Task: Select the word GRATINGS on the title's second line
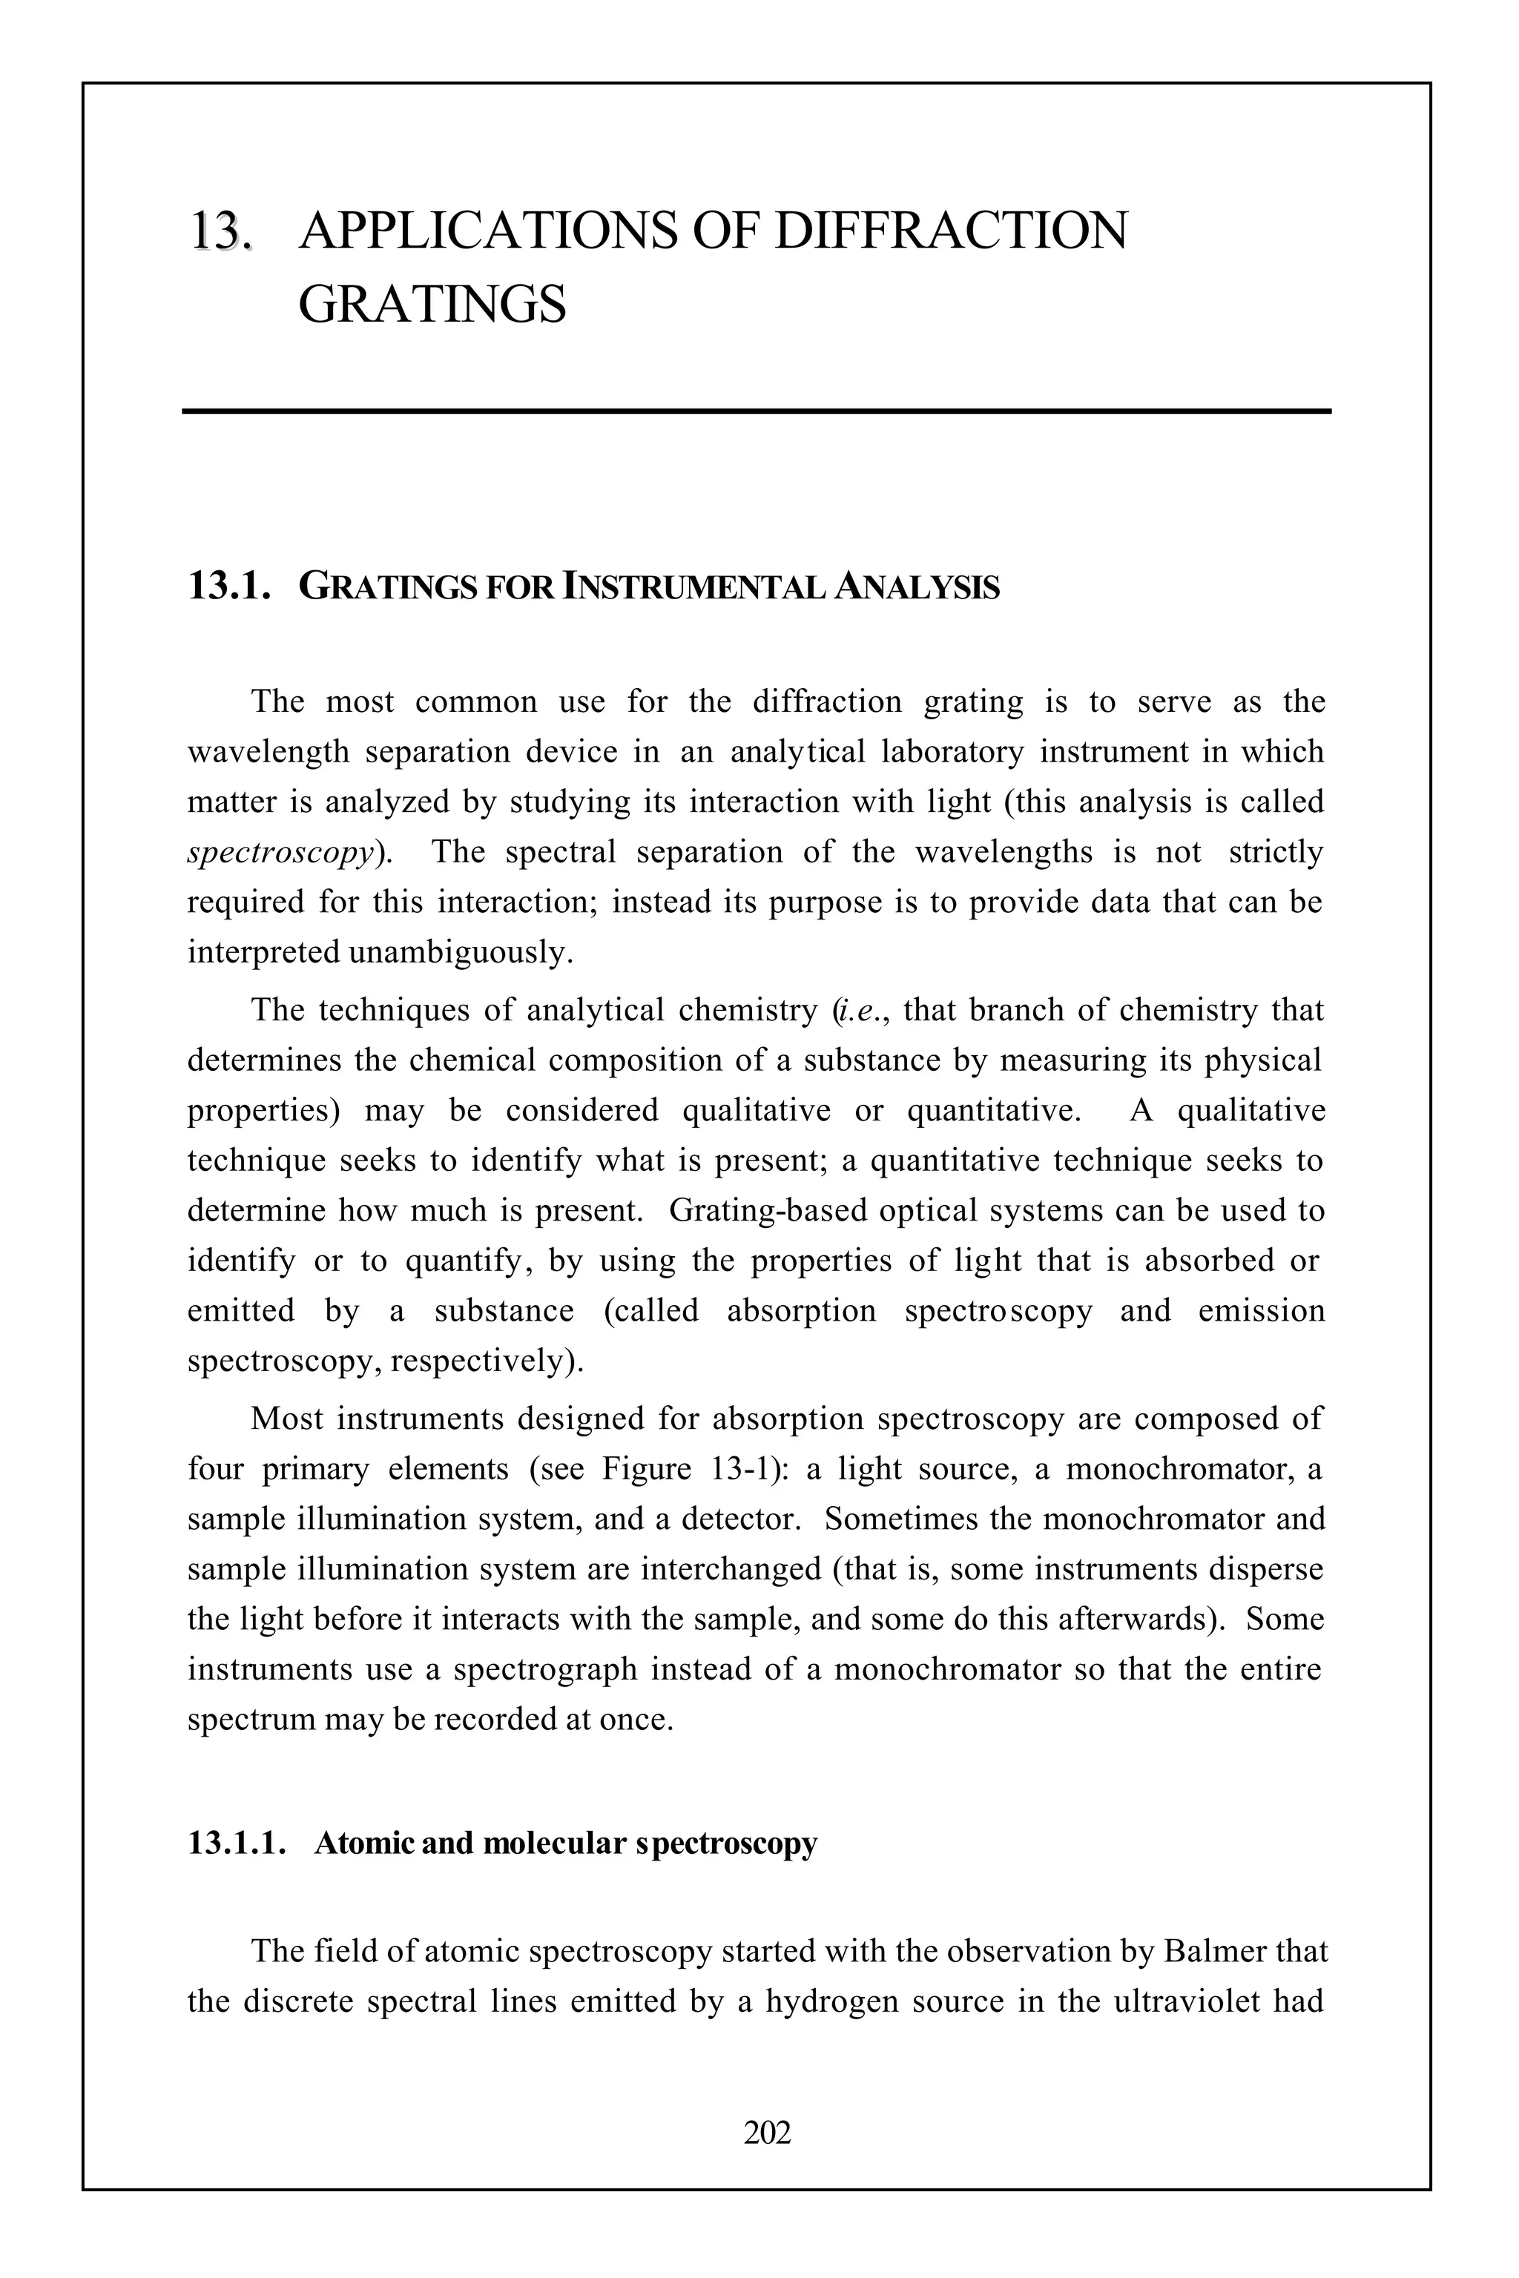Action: pos(432,305)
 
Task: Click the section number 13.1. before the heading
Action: pos(228,587)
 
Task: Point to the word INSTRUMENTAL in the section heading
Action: pos(694,587)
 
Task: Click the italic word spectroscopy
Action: pos(280,852)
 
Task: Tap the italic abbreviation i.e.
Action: pos(858,1010)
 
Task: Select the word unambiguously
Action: pos(460,953)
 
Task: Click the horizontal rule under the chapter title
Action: pos(757,412)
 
